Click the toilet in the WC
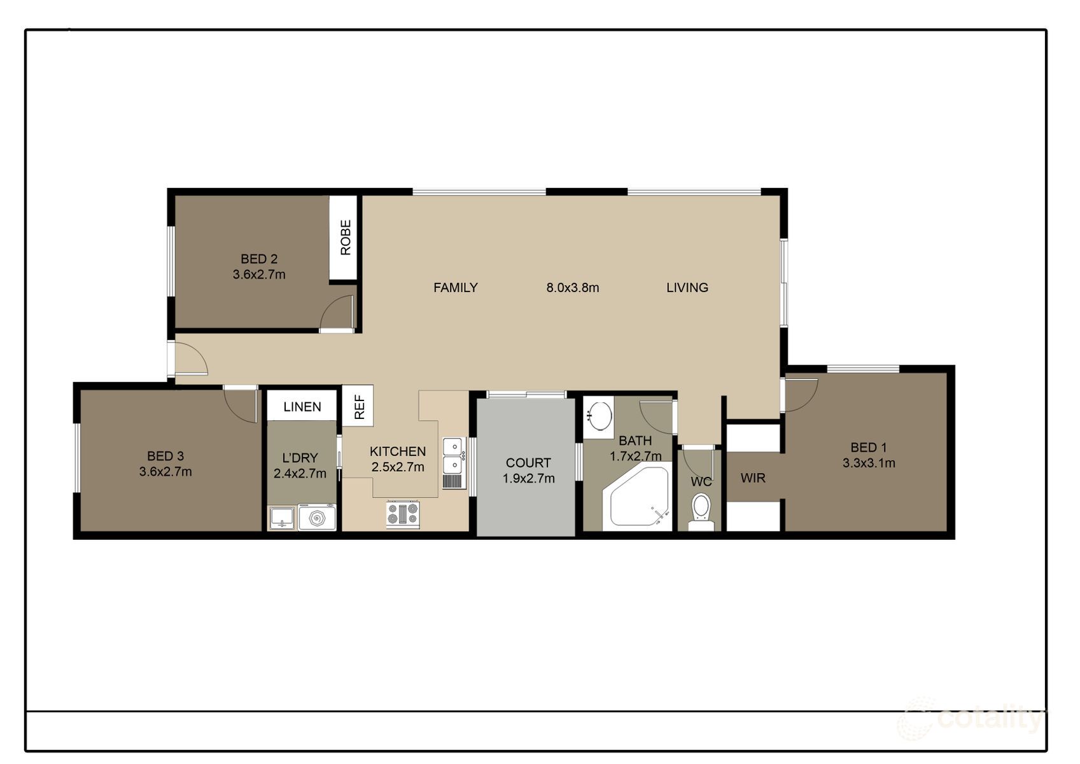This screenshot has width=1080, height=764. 701,509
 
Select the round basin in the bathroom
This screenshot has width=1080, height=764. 598,416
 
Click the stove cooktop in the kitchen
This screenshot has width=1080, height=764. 403,514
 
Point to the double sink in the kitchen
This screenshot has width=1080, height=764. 452,455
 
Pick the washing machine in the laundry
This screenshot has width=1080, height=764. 317,518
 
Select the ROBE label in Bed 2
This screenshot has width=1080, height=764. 346,237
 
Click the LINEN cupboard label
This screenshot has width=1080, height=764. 302,407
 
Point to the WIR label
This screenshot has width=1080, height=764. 753,478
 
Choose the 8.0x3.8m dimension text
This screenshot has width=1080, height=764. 572,288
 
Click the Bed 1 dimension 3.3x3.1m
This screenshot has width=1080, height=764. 869,463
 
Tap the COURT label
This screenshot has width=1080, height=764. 528,463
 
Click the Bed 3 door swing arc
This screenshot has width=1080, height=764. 240,404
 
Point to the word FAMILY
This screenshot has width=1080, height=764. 455,288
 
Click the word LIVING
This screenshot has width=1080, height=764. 687,288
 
